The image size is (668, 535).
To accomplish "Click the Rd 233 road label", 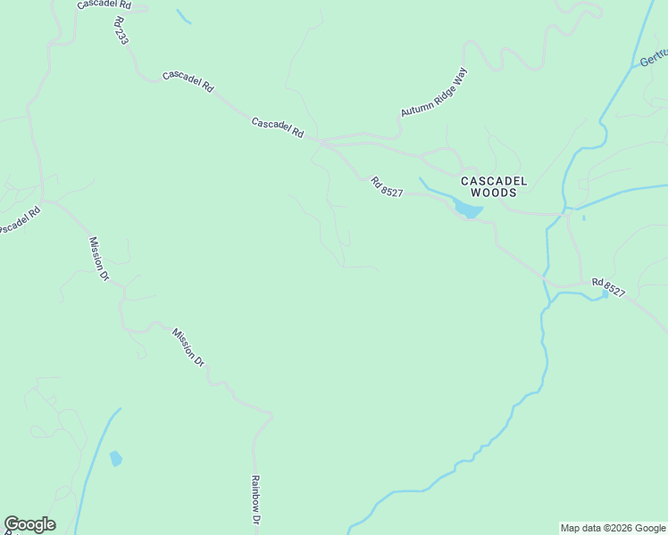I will pyautogui.click(x=122, y=29).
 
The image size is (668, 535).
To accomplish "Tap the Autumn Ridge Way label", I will pyautogui.click(x=434, y=93).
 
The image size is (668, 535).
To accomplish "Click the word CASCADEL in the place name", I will pyautogui.click(x=494, y=181).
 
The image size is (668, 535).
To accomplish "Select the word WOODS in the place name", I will pyautogui.click(x=494, y=193).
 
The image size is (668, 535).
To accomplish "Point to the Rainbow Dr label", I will pyautogui.click(x=255, y=500).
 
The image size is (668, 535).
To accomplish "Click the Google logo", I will pyautogui.click(x=29, y=524).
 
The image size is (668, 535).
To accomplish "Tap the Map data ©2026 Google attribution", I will pyautogui.click(x=614, y=528).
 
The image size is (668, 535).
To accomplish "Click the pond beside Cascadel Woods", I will pyautogui.click(x=468, y=210).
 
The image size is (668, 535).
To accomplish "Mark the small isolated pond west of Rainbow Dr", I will pyautogui.click(x=115, y=458).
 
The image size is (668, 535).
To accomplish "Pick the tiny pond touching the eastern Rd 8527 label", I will pyautogui.click(x=605, y=293).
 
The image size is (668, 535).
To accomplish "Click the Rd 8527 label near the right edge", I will pyautogui.click(x=607, y=287).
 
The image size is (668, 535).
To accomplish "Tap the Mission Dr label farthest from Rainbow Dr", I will pyautogui.click(x=98, y=259).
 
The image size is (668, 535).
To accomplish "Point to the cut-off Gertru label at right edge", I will pyautogui.click(x=653, y=57).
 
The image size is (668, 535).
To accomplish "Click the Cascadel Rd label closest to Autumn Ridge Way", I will pyautogui.click(x=278, y=128).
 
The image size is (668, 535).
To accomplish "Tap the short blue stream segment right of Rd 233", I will pyautogui.click(x=183, y=16).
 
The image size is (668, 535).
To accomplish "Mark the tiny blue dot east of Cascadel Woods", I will pyautogui.click(x=583, y=217).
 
